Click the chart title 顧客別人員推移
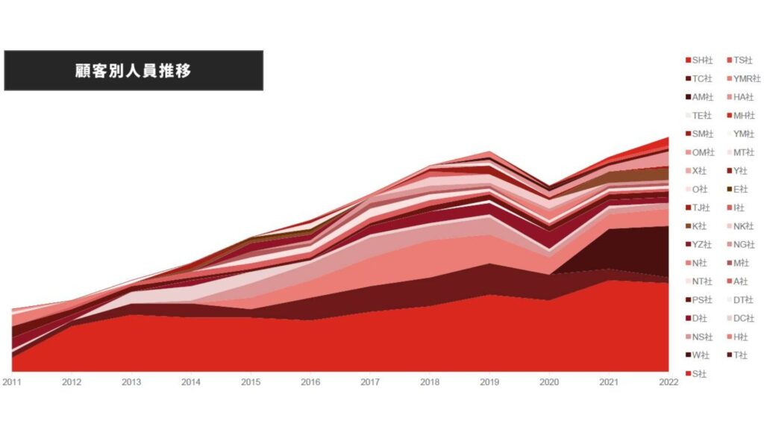134,71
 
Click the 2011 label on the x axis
12,381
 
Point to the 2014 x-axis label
191,381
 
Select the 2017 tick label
371,381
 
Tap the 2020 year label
550,381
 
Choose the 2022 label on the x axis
669,381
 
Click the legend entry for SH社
702,60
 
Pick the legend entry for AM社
702,97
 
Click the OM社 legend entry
702,152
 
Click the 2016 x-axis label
310,381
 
